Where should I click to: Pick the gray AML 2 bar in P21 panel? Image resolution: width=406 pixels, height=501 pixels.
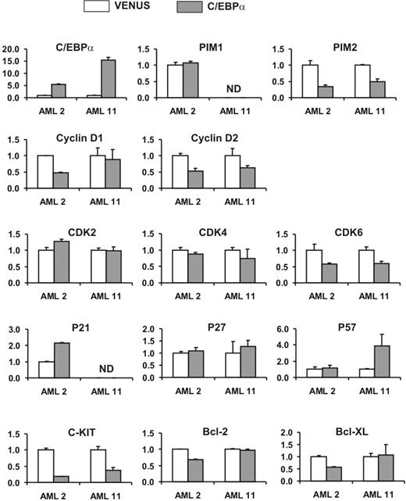[x=62, y=360]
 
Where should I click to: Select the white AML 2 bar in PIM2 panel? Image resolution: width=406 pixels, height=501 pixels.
[x=312, y=81]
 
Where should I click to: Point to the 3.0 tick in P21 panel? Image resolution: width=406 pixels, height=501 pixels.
[x=20, y=330]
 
